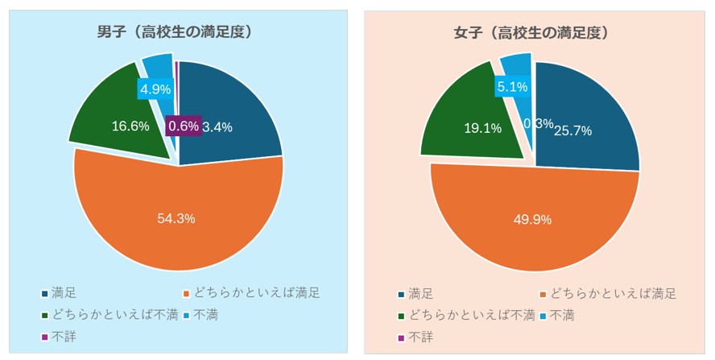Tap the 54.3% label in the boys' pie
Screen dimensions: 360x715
pos(177,219)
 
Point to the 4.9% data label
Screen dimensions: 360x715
pos(155,89)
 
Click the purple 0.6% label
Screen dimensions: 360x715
pos(183,126)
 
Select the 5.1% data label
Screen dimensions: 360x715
pos(512,86)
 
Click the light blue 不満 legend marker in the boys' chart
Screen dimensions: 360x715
pos(187,315)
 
